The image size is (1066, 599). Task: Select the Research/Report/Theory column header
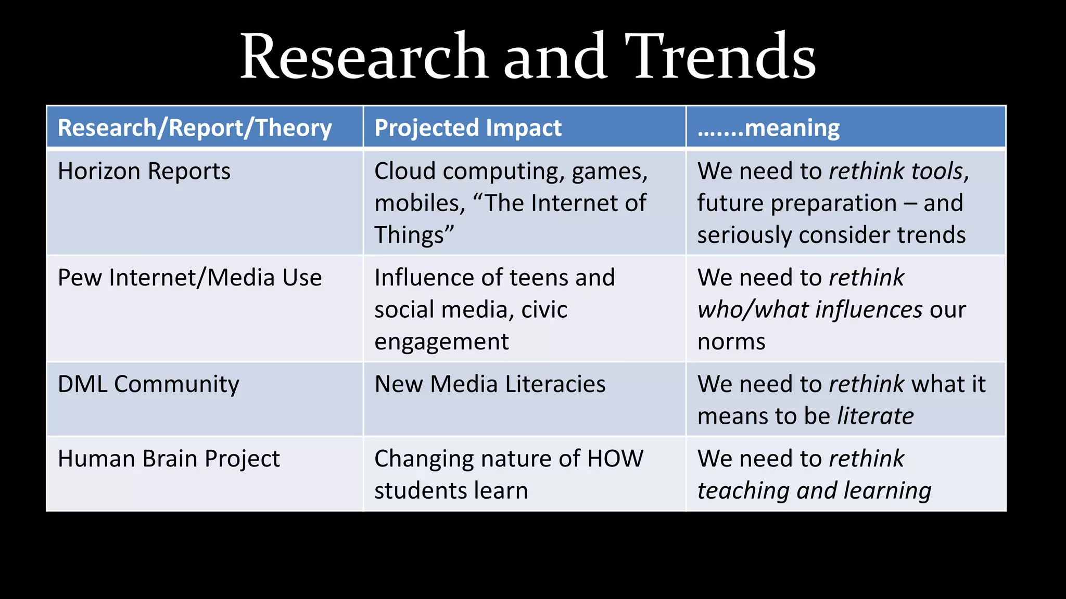coord(195,128)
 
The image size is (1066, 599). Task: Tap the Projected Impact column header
coord(468,128)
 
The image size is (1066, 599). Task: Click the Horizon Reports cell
coord(144,172)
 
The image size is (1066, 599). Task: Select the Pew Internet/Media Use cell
coord(189,278)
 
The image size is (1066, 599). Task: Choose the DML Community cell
coord(148,385)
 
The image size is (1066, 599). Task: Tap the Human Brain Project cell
coord(169,459)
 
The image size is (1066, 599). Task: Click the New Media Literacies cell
coord(490,385)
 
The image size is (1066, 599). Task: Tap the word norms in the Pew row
coord(731,342)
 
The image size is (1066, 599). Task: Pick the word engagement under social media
coord(441,342)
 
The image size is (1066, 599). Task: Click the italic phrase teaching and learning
coord(814,491)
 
